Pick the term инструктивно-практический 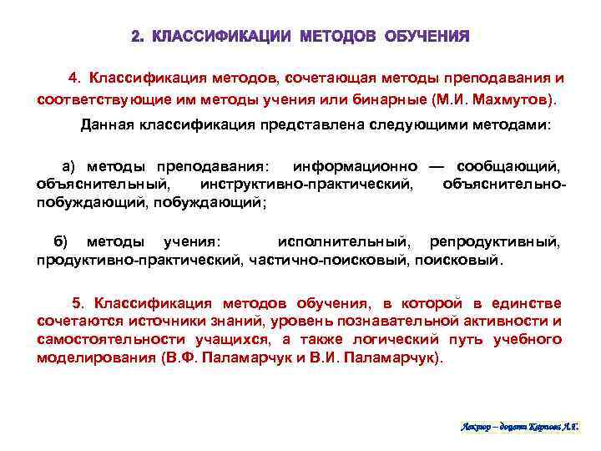pyautogui.click(x=307, y=184)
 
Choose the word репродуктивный pyautogui.click(x=495, y=242)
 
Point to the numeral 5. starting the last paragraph pyautogui.click(x=79, y=303)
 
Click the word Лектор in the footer pyautogui.click(x=477, y=427)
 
